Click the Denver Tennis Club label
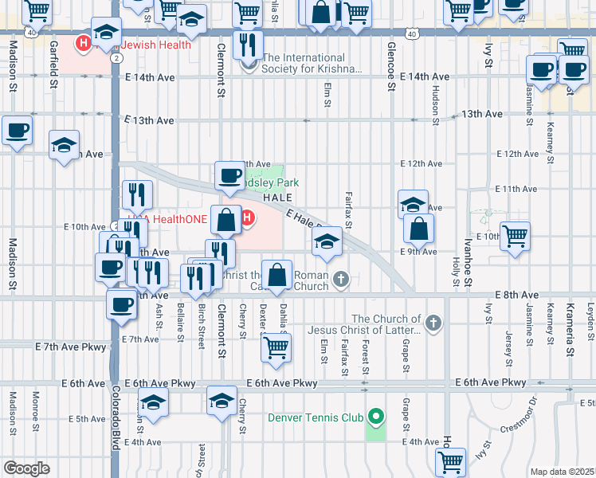point(315,417)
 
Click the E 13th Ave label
point(149,120)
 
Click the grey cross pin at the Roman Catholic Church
point(341,279)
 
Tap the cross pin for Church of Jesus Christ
point(433,323)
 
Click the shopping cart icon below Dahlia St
point(276,347)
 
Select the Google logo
point(25,468)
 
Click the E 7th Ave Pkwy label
point(70,347)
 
